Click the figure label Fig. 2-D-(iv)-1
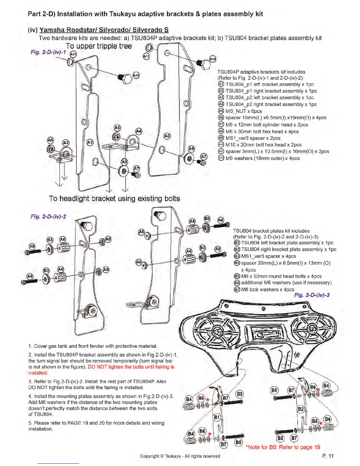pos(48,52)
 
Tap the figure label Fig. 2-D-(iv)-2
pos(48,217)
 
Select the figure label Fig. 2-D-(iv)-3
pos(312,295)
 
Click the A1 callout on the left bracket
pos(90,143)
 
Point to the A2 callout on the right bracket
pos(167,136)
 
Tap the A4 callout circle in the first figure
pos(139,131)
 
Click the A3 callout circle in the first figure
pos(66,143)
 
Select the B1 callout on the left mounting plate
pos(217,417)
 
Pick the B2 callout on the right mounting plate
pos(301,409)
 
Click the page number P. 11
pos(328,456)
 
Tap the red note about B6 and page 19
pos(284,447)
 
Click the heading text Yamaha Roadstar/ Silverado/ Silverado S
pos(104,30)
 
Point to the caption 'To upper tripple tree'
pos(99,46)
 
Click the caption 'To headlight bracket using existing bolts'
pos(114,199)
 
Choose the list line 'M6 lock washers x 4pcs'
pos(267,289)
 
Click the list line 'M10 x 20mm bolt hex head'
pos(263,145)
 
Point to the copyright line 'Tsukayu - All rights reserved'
pos(180,456)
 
